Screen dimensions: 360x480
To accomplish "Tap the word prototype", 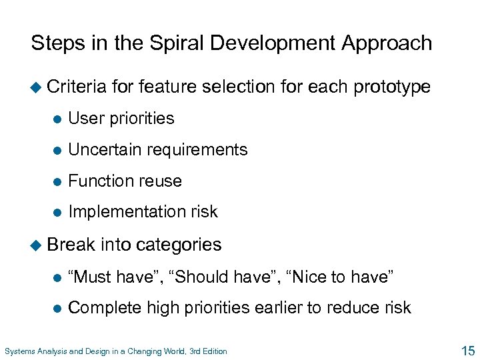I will (392, 87).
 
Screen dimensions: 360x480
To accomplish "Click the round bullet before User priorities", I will (57, 119).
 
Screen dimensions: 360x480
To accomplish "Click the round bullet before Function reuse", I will (57, 181).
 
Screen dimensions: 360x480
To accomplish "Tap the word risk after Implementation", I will (204, 211).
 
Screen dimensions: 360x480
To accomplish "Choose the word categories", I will (178, 245).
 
